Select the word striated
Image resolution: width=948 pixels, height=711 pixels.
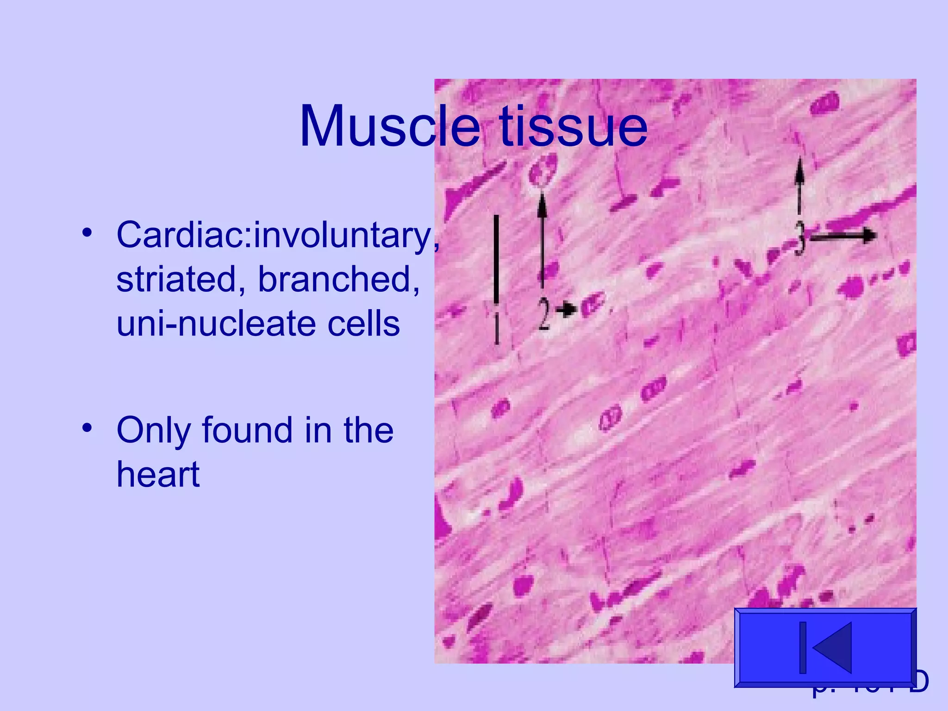click(176, 279)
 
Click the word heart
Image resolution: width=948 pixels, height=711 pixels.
click(158, 474)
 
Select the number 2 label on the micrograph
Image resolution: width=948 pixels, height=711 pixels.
click(543, 314)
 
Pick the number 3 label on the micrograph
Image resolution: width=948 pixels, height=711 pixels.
click(799, 239)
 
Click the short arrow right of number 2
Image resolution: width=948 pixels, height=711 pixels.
click(566, 309)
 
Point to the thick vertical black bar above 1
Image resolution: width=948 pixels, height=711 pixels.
click(496, 259)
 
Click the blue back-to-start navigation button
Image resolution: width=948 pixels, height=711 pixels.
click(825, 647)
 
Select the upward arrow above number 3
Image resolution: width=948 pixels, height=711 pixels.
click(799, 185)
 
